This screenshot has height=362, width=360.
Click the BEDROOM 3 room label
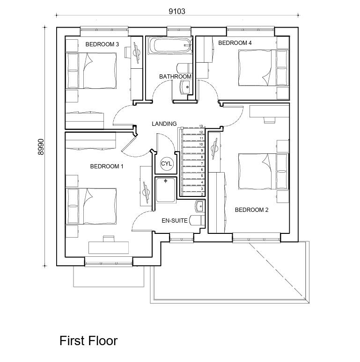pos(102,44)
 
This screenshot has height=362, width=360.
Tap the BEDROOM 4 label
pos(235,43)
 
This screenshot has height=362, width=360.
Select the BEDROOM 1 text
pos(107,167)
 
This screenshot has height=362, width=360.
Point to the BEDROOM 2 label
pos(251,210)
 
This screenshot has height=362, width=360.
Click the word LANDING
pos(164,124)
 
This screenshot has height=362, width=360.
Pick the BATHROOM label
pos(175,77)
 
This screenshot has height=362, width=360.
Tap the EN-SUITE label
pos(175,220)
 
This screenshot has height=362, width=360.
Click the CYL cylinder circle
pos(167,164)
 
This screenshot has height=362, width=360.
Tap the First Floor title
pos(88,340)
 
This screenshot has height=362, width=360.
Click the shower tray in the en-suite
pos(166,190)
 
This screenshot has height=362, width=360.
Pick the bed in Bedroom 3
pos(92,71)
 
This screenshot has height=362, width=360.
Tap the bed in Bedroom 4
pos(256,68)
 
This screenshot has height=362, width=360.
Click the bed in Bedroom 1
pos(92,206)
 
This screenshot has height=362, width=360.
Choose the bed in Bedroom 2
pos(256,172)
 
